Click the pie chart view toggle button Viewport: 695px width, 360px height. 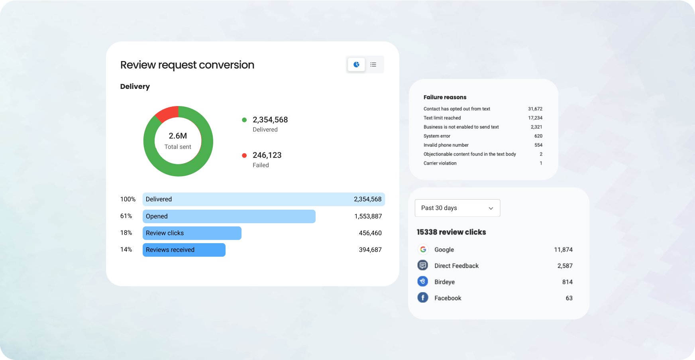pos(356,65)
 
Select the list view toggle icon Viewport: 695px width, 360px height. pos(373,65)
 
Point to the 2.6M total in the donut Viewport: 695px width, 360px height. pos(178,136)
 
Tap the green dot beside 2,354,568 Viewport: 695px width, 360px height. pos(244,120)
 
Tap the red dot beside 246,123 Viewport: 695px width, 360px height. pos(244,155)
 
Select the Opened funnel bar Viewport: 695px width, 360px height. pos(229,216)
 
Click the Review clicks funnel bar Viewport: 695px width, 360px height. pos(192,233)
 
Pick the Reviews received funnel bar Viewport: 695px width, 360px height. pos(184,250)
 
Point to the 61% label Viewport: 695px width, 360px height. pos(126,216)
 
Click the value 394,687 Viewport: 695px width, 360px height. pos(370,250)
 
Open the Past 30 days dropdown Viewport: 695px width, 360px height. pos(457,208)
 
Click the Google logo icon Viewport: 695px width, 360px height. pos(423,250)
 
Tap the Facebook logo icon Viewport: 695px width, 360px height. pos(423,298)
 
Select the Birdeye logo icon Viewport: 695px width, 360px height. pos(423,281)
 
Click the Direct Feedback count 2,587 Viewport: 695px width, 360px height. pos(565,266)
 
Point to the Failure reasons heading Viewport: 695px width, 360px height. pos(445,97)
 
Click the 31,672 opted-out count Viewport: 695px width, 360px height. pos(535,109)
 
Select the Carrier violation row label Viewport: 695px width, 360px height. pos(440,163)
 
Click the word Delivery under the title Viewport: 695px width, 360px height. pos(135,87)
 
